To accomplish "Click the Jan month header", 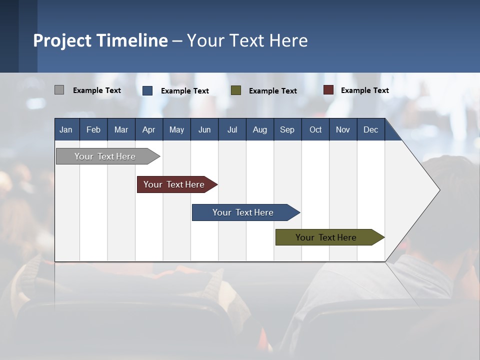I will (66, 129).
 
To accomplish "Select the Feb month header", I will (93, 129).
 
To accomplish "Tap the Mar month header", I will (121, 129).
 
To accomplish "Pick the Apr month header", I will (149, 129).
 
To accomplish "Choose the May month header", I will (176, 129).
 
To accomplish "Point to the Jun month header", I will (204, 129).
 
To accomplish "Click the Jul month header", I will (232, 129).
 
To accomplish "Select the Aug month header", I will (260, 129).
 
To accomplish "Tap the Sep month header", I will (287, 129).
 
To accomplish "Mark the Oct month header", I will (315, 129).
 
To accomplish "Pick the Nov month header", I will (343, 129).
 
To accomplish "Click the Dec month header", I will (371, 129).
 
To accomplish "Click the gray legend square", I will (59, 90).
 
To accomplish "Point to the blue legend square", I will (147, 90).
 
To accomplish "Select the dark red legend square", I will (328, 90).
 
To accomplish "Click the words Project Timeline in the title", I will (100, 40).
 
